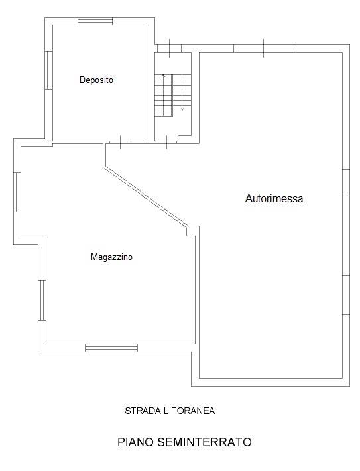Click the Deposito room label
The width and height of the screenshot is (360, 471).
pyautogui.click(x=96, y=80)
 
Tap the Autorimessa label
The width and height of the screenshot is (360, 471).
pyautogui.click(x=274, y=198)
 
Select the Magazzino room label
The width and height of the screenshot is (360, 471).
pyautogui.click(x=111, y=257)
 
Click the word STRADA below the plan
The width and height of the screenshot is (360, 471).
pyautogui.click(x=143, y=411)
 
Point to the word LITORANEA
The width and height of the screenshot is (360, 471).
pyautogui.click(x=190, y=411)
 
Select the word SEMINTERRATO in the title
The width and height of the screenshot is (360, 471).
pyautogui.click(x=204, y=442)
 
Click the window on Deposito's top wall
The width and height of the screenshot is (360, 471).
pyautogui.click(x=95, y=21)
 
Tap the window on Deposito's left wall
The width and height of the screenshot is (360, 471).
pyautogui.click(x=48, y=70)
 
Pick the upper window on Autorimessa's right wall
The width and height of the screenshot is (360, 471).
pyautogui.click(x=346, y=182)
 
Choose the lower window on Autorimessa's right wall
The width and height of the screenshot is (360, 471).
pyautogui.click(x=346, y=295)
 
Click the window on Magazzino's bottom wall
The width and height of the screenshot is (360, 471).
pyautogui.click(x=111, y=348)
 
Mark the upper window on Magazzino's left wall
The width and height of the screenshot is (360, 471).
pyautogui.click(x=17, y=192)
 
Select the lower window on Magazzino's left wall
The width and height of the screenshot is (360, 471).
pyautogui.click(x=42, y=301)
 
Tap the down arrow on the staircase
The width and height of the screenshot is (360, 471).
pyautogui.click(x=182, y=93)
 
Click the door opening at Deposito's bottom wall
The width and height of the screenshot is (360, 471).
pyautogui.click(x=121, y=142)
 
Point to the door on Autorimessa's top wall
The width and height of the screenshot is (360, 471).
pyautogui.click(x=264, y=48)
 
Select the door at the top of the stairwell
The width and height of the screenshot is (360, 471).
pyautogui.click(x=169, y=48)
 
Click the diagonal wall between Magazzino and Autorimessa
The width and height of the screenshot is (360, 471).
pyautogui.click(x=146, y=196)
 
